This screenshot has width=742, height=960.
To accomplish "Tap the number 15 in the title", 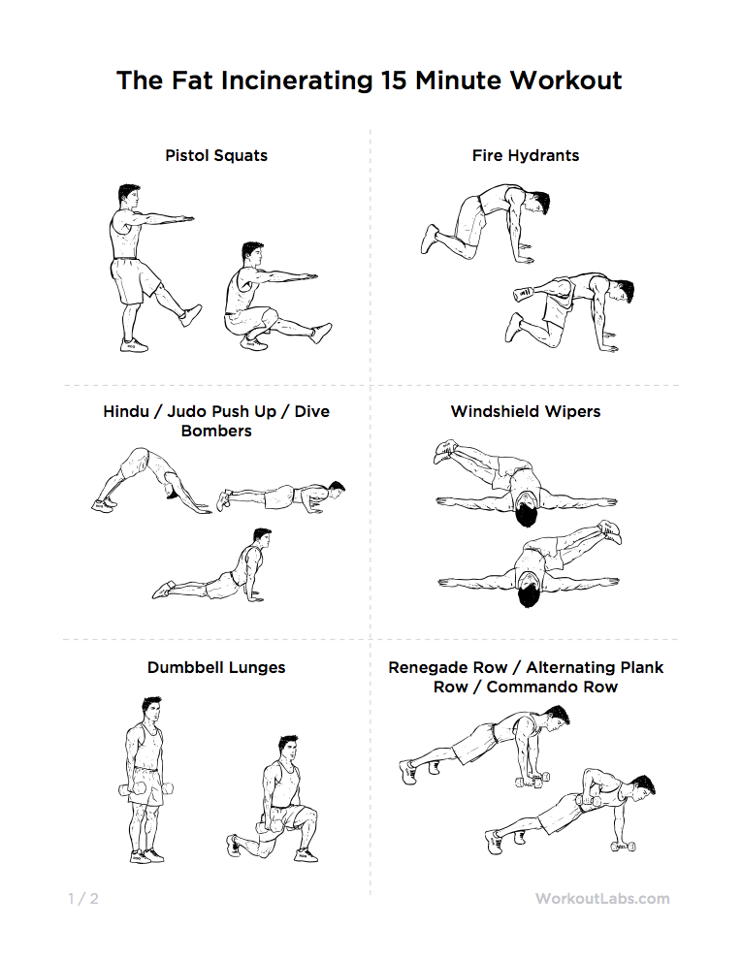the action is point(394,80).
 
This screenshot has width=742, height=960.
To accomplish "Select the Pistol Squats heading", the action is point(216,155).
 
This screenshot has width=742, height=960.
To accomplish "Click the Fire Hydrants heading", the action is point(526,155).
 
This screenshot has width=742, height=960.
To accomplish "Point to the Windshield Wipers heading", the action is point(526,411).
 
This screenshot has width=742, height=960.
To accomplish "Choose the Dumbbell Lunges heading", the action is point(216,667).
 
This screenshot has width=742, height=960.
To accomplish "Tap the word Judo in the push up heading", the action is point(187,411).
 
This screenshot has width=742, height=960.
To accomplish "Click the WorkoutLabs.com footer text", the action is point(602,899).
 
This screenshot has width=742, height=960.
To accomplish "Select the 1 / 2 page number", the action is point(83,899).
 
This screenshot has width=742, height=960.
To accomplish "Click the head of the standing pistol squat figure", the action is point(129,196).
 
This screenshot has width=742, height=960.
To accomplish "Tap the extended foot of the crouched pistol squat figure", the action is point(321,334).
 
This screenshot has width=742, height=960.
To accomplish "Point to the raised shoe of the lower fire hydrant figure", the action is point(524,294).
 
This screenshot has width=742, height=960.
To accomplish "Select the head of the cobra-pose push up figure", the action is point(262,539).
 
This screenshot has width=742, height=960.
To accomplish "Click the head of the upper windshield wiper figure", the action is point(526,513).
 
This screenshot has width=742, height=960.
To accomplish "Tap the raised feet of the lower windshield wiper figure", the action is point(610,530).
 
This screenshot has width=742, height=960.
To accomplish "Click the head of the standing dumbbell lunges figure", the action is point(151,709).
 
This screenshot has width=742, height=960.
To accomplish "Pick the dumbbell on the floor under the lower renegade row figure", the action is point(624,847).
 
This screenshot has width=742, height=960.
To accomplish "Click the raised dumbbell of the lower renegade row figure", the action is point(588,800).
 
